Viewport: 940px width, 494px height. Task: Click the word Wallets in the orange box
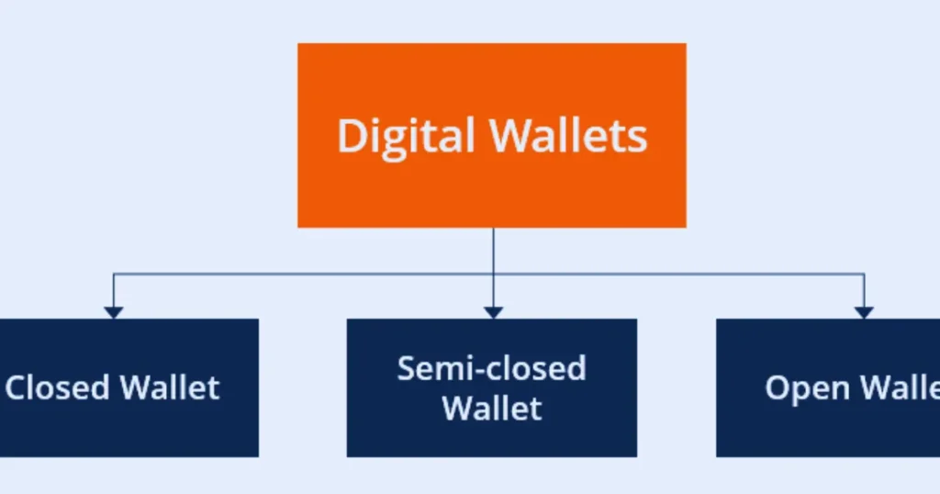click(x=568, y=136)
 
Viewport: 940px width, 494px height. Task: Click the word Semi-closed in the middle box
click(x=491, y=368)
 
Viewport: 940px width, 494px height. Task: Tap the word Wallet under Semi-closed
click(x=492, y=408)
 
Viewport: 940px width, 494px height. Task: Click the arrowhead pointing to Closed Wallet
click(x=113, y=312)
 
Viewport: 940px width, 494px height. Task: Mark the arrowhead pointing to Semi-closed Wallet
click(x=493, y=312)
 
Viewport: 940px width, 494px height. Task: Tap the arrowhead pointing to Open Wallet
click(x=864, y=312)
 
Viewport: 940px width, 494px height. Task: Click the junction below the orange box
click(x=493, y=274)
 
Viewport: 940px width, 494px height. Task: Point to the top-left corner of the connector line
click(x=113, y=274)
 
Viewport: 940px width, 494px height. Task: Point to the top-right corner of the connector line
click(x=864, y=274)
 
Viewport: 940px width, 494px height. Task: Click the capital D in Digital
click(x=351, y=136)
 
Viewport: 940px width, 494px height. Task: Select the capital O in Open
click(x=778, y=387)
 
